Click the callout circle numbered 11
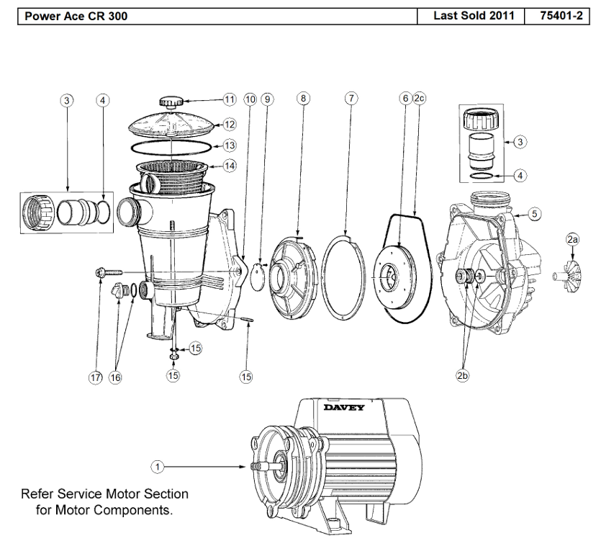pyautogui.click(x=230, y=100)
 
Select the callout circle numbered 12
pyautogui.click(x=230, y=124)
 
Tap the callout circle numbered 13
pyautogui.click(x=230, y=145)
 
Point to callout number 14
pyautogui.click(x=230, y=166)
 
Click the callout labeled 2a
pyautogui.click(x=572, y=240)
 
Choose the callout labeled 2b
pyautogui.click(x=462, y=375)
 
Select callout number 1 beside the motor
pyautogui.click(x=158, y=467)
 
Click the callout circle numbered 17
pyautogui.click(x=96, y=377)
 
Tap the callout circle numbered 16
pyautogui.click(x=115, y=377)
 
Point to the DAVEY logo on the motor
pyautogui.click(x=344, y=407)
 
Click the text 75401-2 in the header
pyautogui.click(x=561, y=16)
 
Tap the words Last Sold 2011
pyautogui.click(x=474, y=16)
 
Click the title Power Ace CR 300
pyautogui.click(x=76, y=16)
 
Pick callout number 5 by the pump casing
pyautogui.click(x=535, y=214)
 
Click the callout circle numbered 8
pyautogui.click(x=303, y=99)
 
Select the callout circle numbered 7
pyautogui.click(x=351, y=99)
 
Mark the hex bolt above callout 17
pyautogui.click(x=109, y=272)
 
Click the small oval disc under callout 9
pyautogui.click(x=257, y=275)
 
